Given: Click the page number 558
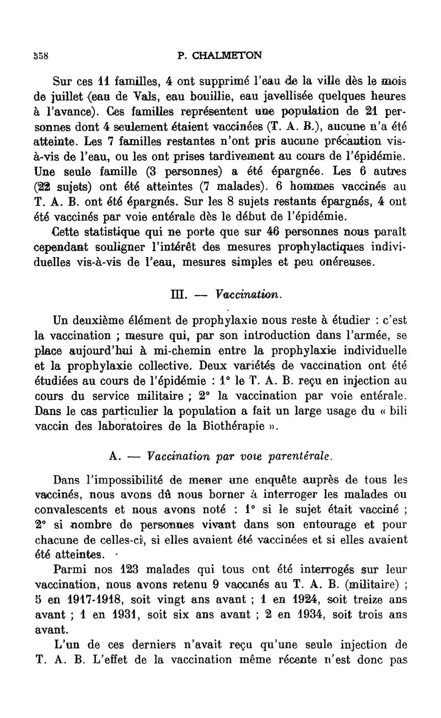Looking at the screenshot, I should pyautogui.click(x=41, y=56).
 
